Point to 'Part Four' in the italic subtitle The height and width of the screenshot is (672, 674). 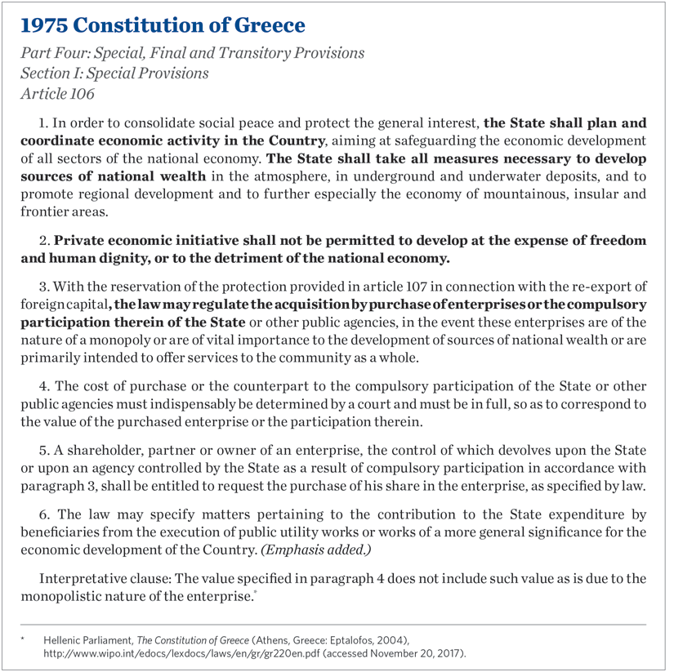point(55,54)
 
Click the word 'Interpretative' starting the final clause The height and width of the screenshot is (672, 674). point(80,578)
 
